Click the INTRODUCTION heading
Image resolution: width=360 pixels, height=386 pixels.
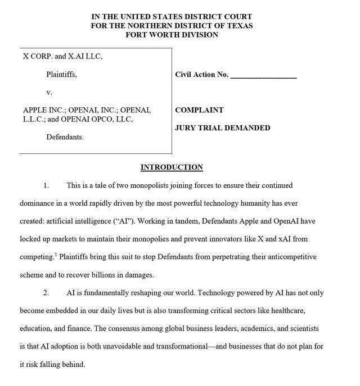(x=172, y=167)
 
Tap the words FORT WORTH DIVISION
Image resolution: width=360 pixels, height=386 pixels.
(x=172, y=35)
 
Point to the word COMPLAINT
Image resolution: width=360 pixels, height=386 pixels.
(x=199, y=110)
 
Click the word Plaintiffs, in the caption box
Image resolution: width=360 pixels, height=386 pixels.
(x=61, y=74)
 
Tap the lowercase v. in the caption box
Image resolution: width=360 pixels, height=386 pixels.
(x=49, y=92)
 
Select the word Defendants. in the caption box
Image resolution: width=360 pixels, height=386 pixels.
(x=65, y=137)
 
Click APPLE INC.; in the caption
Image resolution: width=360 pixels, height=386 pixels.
(x=45, y=110)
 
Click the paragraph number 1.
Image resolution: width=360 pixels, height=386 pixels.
(x=47, y=185)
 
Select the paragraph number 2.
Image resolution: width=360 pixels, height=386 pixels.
(x=47, y=293)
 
